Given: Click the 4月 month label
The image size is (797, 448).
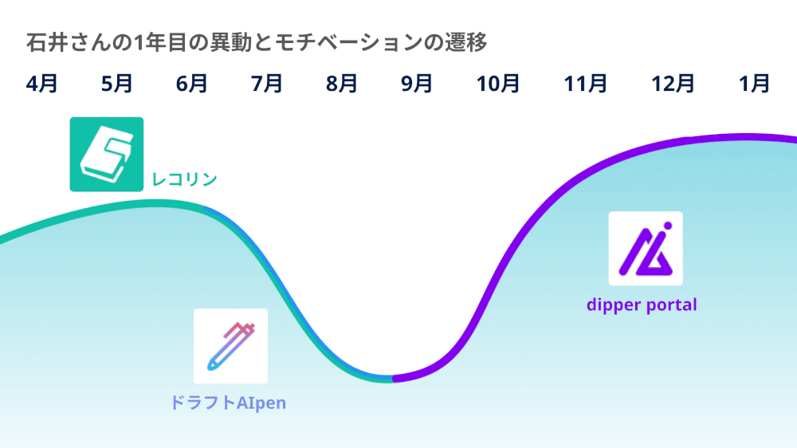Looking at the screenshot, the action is [x=41, y=84].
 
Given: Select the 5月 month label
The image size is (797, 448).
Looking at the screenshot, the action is [x=117, y=84].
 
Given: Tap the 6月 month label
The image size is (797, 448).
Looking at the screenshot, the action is [x=191, y=84].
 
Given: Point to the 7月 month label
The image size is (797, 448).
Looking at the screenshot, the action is [x=267, y=84].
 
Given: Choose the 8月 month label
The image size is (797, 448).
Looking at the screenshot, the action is [x=342, y=84].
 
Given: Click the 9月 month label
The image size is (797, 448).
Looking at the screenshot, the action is [x=417, y=84].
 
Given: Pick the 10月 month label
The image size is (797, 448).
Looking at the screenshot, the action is [x=498, y=84].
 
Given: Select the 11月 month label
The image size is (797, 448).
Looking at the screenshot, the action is [x=586, y=84].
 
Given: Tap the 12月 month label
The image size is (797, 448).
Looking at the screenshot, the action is [x=673, y=84].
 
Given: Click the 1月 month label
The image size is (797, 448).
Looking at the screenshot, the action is [x=754, y=84].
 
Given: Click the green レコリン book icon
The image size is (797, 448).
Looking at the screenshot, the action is [x=107, y=154].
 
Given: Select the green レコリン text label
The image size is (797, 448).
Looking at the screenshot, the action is [x=185, y=179].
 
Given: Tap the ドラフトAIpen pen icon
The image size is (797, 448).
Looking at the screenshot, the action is [x=231, y=346].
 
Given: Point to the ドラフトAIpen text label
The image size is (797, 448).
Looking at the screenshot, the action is [x=228, y=403].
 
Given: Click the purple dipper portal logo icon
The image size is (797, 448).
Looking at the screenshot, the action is [x=646, y=249].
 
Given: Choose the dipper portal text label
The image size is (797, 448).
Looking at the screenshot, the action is [x=642, y=305].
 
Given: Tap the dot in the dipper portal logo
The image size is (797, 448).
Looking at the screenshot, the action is [x=668, y=226].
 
